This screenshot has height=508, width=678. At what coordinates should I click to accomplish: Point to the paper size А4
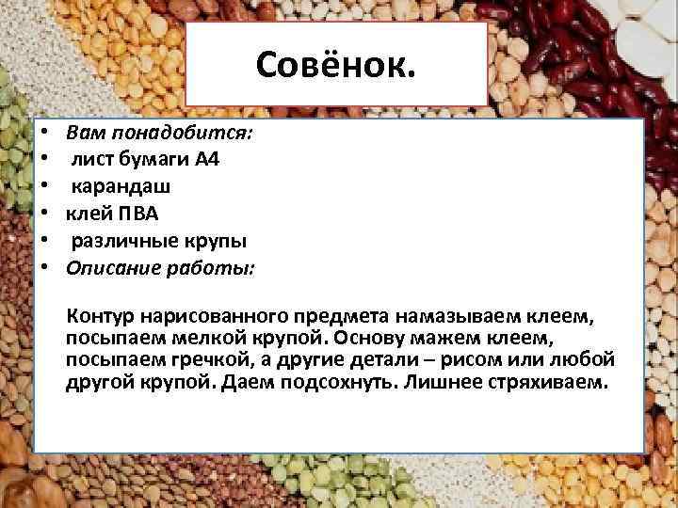[x=207, y=159]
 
